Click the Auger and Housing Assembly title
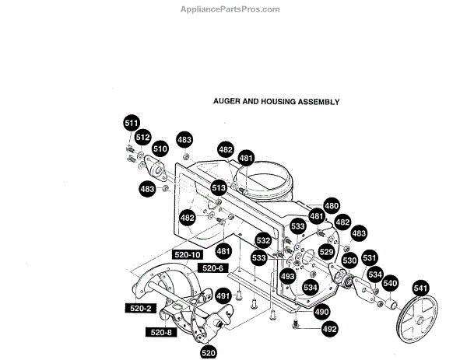[276, 102]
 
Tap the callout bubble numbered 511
[132, 123]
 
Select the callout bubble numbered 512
[143, 138]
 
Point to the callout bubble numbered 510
[160, 148]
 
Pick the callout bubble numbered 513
[219, 188]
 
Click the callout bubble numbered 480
[332, 206]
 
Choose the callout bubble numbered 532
[264, 241]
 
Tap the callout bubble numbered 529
[327, 253]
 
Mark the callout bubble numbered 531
[370, 259]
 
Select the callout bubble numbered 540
[390, 283]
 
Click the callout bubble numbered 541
[421, 289]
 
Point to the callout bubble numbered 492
[330, 329]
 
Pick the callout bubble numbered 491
[223, 295]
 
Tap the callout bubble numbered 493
[288, 276]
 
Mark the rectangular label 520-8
[162, 333]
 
